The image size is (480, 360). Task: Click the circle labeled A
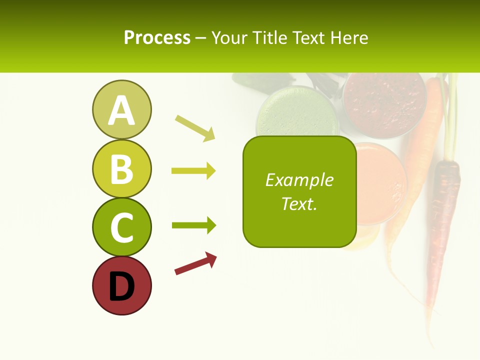pos(121,109)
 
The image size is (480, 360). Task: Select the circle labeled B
pos(121,168)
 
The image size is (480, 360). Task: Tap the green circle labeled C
pos(121,227)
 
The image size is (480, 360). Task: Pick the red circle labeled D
pos(121,285)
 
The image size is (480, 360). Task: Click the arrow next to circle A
pos(195,128)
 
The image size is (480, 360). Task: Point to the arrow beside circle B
pos(193,171)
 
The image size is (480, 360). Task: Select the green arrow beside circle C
pos(193,225)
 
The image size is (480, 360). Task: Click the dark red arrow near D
pos(195,264)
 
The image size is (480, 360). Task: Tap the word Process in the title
pos(157,37)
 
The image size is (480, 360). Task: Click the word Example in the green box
pos(299,180)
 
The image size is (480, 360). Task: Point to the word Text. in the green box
pos(299,203)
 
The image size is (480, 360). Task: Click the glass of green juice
pos(295,112)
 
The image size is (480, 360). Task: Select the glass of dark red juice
pos(384,102)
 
